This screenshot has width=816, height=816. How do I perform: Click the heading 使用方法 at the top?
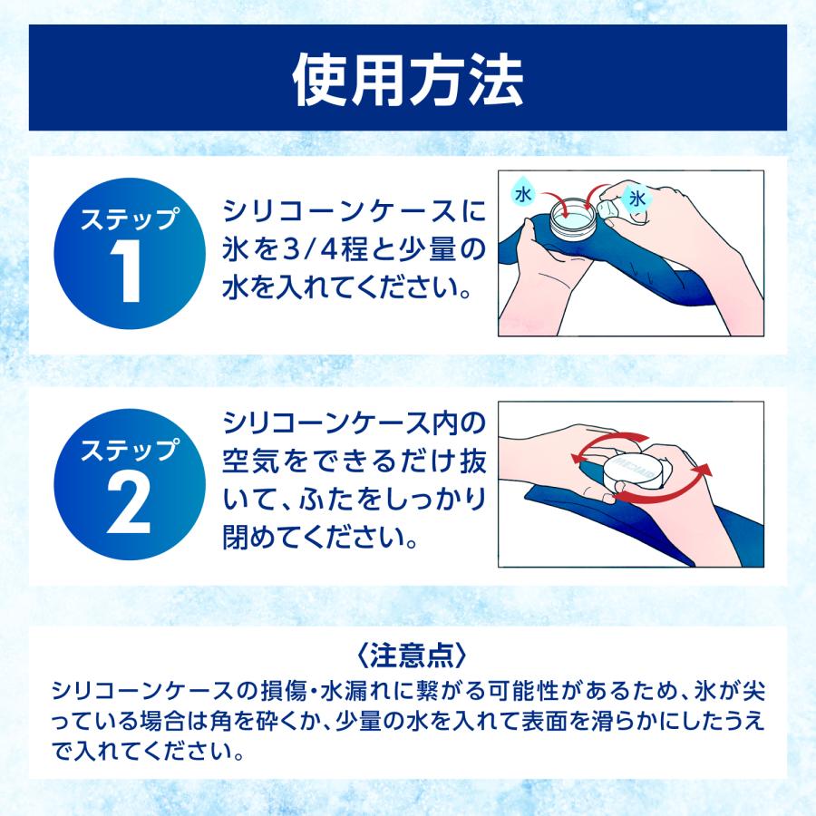coord(407,81)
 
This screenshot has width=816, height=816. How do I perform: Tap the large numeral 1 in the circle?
coord(130,272)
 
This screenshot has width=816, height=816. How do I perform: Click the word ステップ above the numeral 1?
coord(130,219)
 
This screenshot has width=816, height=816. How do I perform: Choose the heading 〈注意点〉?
coord(407,654)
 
